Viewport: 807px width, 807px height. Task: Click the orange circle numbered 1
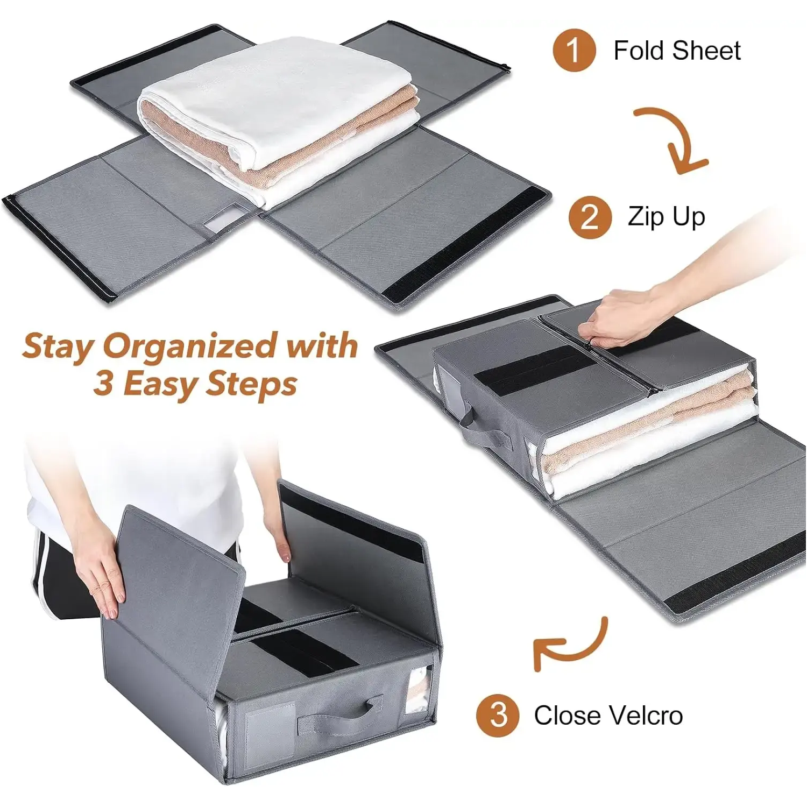pyautogui.click(x=574, y=50)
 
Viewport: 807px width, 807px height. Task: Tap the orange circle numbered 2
pyautogui.click(x=590, y=217)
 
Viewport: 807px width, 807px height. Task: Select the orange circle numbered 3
pyautogui.click(x=498, y=716)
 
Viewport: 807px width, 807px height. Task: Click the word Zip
pyautogui.click(x=646, y=218)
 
